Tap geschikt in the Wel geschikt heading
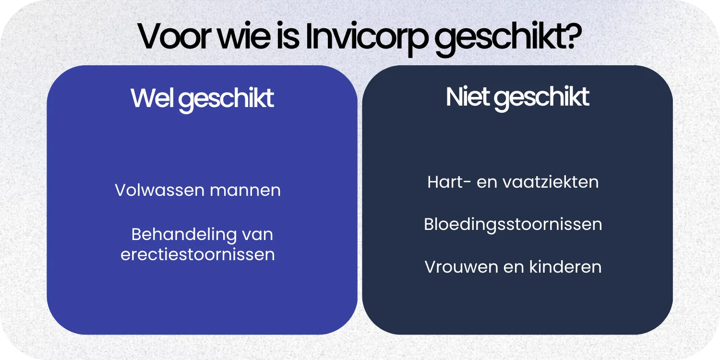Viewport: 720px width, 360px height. tap(227, 99)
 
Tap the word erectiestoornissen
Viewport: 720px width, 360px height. tap(198, 254)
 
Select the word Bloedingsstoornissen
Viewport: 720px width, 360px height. tap(513, 224)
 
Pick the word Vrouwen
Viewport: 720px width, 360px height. tap(455, 266)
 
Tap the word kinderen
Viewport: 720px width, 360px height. tap(565, 266)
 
